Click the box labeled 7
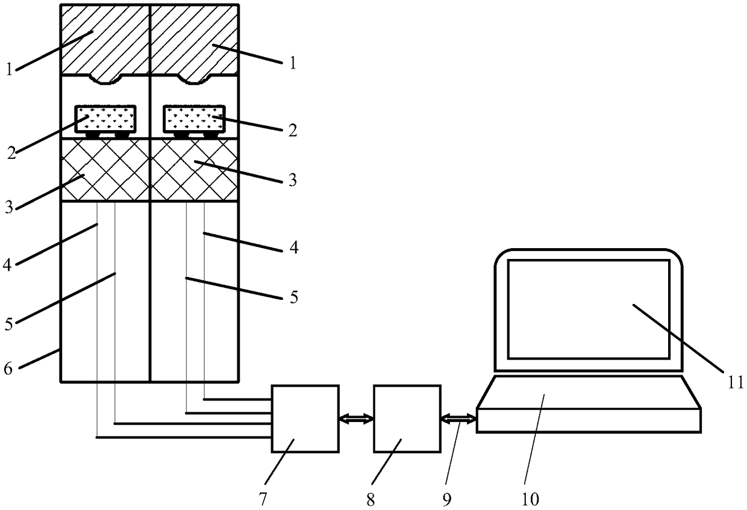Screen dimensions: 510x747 pos(305,418)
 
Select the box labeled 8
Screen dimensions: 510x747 pos(407,418)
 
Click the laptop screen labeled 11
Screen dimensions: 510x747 pos(589,308)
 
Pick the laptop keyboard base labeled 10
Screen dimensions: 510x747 pos(589,403)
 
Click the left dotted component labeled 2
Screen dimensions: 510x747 pos(105,119)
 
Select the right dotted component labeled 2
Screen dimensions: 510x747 pos(194,119)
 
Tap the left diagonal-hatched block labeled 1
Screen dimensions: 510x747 pos(105,39)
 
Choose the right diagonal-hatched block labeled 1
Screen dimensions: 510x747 pos(194,39)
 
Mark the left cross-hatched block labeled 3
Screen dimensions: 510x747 pos(105,170)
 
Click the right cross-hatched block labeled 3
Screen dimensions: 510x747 pos(194,170)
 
